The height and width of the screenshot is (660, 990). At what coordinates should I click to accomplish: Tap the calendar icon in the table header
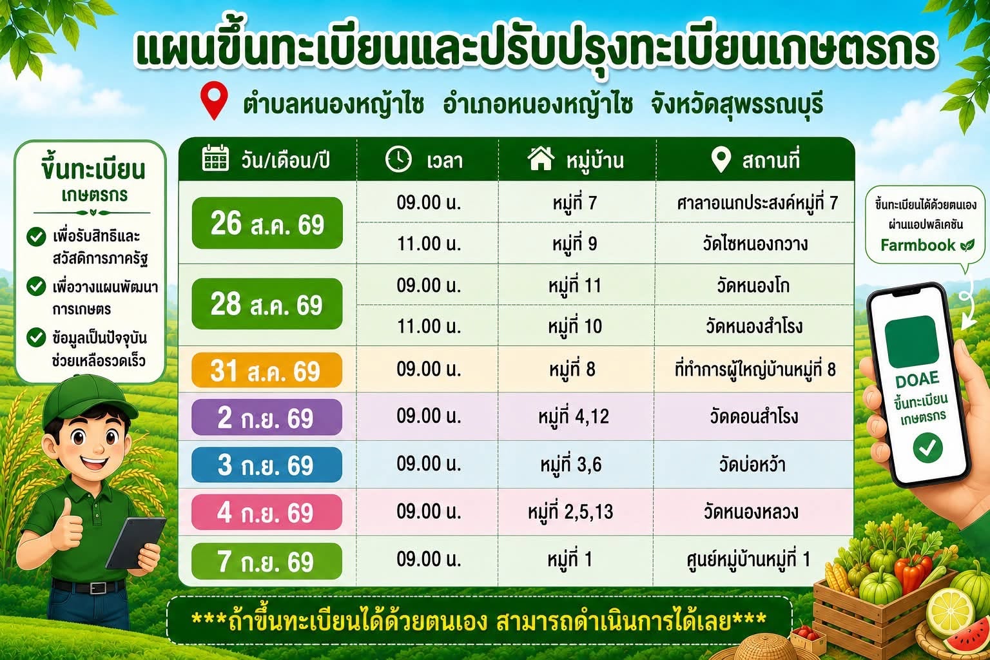pos(215,158)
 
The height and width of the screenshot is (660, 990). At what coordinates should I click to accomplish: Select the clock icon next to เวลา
pos(398,159)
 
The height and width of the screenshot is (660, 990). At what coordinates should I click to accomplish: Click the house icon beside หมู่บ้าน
pos(541,159)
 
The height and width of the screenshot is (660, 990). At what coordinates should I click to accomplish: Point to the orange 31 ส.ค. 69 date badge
pos(266,371)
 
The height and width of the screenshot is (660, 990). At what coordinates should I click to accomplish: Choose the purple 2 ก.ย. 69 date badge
pos(266,417)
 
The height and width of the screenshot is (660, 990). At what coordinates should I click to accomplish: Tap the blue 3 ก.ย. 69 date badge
pos(266,465)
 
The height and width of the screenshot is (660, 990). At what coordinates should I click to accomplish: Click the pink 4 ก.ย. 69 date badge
pos(266,512)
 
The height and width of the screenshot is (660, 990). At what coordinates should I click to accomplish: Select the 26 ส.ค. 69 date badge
pos(267,223)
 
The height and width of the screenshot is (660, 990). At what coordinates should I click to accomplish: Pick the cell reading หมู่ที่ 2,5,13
pos(570,512)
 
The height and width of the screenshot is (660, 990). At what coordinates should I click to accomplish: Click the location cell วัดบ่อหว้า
pos(752,465)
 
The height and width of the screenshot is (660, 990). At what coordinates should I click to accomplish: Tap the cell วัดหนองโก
pos(753,286)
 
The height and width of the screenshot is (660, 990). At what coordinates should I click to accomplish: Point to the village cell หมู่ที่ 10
pos(575,326)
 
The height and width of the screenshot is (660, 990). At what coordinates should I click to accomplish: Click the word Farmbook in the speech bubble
pos(918,245)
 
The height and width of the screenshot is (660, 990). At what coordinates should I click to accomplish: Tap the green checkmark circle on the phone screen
pos(927,448)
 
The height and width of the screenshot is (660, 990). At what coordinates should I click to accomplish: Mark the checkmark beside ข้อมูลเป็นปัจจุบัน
pos(36,337)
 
